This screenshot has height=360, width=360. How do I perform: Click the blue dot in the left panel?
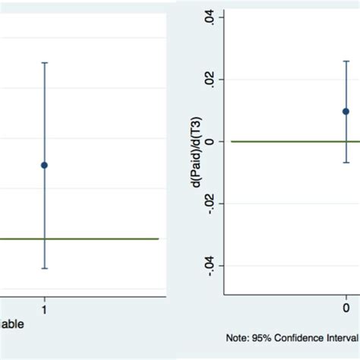(45, 165)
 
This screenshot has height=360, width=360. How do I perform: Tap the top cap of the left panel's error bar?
(45, 62)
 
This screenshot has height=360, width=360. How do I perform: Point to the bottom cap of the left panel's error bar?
(45, 268)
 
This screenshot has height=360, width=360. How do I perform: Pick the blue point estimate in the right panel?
(346, 111)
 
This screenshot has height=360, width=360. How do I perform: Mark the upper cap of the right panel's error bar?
(346, 62)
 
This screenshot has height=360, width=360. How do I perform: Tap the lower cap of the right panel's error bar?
(346, 163)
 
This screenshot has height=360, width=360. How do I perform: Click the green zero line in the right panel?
(289, 141)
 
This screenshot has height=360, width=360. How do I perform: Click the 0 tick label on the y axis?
(209, 141)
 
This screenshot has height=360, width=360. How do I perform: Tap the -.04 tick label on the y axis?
(209, 266)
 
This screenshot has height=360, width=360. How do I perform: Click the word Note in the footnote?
(237, 336)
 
